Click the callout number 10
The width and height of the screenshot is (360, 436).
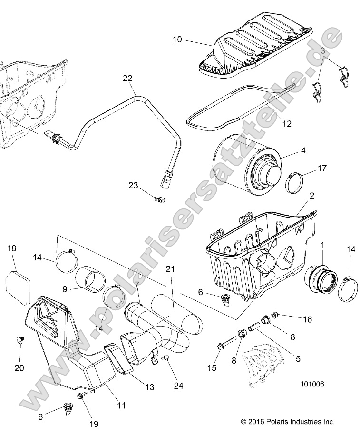point(177,40)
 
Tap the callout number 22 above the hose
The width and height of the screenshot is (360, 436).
point(127,78)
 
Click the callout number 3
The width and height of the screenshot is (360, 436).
point(322,50)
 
